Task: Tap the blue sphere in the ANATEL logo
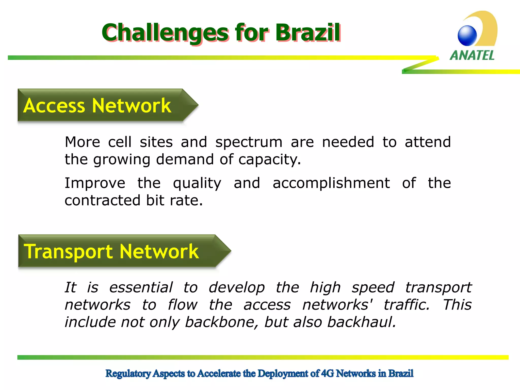[467, 36]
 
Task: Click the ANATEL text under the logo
[472, 55]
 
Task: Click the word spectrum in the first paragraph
[249, 142]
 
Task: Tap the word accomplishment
[331, 183]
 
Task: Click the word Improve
[95, 183]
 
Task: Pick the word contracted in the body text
[102, 201]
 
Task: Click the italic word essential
[141, 288]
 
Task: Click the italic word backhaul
[362, 322]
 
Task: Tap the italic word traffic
[407, 305]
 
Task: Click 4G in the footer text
[327, 373]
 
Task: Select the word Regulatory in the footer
[128, 373]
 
